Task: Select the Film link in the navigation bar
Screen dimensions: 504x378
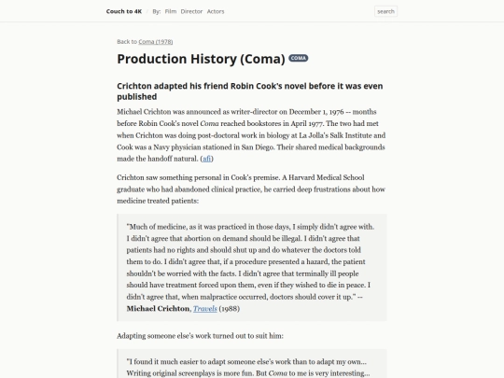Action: pos(171,11)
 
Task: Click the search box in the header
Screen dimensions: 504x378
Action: pos(385,11)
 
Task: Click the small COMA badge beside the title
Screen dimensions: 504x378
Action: pos(299,59)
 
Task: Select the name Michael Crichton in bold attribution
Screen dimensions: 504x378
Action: pos(159,308)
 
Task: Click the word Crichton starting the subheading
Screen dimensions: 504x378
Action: pos(136,84)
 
